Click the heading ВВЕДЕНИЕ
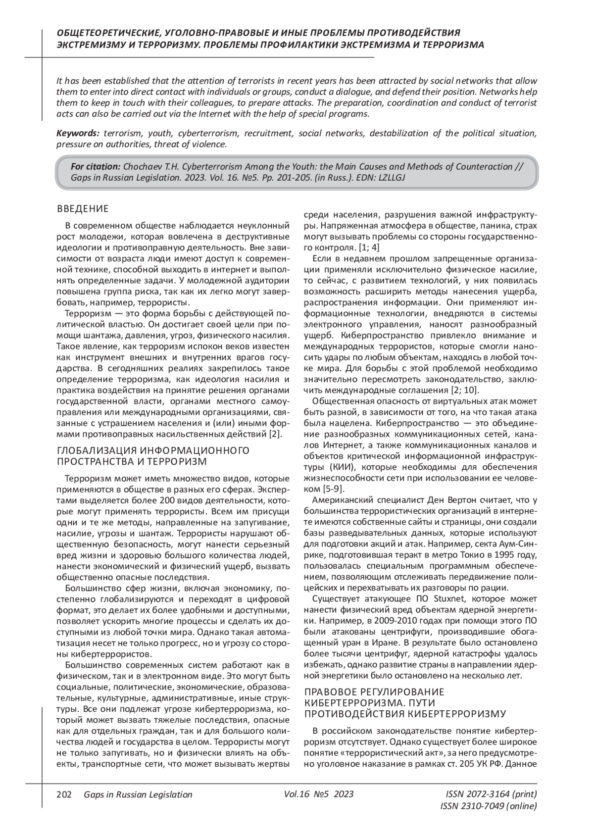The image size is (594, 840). [x=83, y=208]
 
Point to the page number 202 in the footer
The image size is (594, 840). [x=64, y=794]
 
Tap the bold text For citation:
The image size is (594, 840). [x=96, y=166]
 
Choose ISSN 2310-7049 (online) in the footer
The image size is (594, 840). [x=488, y=806]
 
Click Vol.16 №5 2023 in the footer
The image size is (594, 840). [x=319, y=794]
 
